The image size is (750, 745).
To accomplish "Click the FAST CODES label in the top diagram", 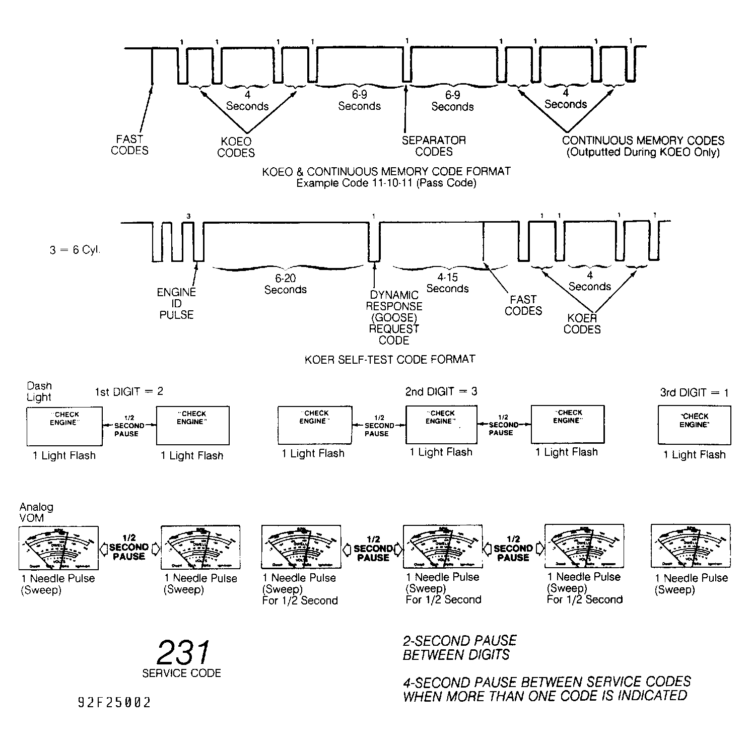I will [129, 145].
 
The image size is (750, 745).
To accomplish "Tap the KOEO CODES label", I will [236, 147].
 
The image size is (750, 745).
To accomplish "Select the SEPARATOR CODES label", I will [434, 146].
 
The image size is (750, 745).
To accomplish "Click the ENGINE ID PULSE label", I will [176, 303].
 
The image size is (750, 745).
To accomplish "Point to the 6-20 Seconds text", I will [285, 284].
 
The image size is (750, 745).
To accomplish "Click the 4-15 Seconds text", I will [447, 283].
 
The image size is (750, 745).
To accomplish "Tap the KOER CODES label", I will [582, 323].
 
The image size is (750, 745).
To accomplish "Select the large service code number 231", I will [182, 653].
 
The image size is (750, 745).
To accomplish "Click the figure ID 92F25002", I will [114, 703].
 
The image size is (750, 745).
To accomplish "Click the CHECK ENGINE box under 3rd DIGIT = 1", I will [694, 426].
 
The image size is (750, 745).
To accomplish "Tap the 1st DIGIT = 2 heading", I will [129, 391].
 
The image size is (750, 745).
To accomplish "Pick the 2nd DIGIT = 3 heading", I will [441, 391].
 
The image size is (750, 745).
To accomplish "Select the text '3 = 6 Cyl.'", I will [75, 250].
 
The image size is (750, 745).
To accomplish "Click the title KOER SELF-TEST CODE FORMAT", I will [390, 359].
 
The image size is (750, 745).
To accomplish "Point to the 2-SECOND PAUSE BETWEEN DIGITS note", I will [459, 648].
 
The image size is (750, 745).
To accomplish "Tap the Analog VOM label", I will [36, 512].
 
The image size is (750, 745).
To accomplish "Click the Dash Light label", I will [39, 391].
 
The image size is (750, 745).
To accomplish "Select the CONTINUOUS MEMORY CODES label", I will [643, 146].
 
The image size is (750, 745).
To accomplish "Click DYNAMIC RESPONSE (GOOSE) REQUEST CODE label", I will [394, 317].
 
